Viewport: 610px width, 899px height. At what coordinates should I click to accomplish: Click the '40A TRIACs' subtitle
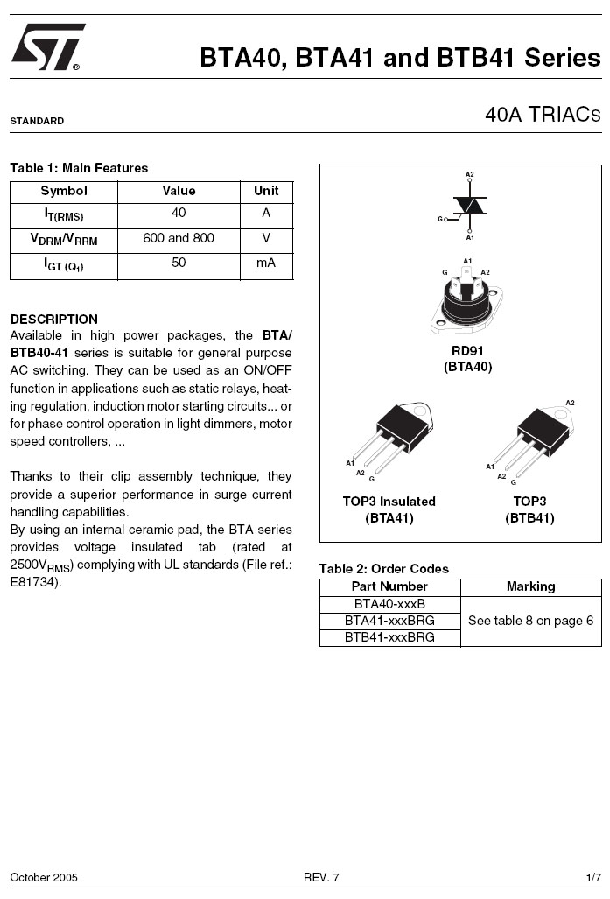543,115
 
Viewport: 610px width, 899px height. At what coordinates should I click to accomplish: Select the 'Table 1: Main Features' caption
79,168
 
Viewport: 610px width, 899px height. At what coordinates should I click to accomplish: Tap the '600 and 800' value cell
179,238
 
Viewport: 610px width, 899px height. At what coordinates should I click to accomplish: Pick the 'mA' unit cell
266,263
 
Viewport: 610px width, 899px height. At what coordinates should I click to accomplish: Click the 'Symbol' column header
64,191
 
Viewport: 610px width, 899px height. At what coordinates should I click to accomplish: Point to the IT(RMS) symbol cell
64,214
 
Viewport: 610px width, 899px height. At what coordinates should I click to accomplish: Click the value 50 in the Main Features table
179,263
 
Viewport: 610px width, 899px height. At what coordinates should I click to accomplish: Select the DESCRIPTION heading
53,319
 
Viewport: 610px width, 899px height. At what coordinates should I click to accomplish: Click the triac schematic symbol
470,206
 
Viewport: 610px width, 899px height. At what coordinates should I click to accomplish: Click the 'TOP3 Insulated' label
389,502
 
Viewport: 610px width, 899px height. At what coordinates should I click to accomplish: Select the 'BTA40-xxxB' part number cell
389,604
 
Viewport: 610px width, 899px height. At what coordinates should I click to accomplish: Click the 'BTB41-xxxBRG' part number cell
389,637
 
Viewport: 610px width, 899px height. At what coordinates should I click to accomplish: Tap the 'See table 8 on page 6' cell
530,621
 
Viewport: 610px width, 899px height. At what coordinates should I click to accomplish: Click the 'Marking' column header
530,586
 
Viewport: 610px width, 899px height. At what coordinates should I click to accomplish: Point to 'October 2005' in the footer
44,877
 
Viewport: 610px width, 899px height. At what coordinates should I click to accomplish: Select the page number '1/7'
593,877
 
